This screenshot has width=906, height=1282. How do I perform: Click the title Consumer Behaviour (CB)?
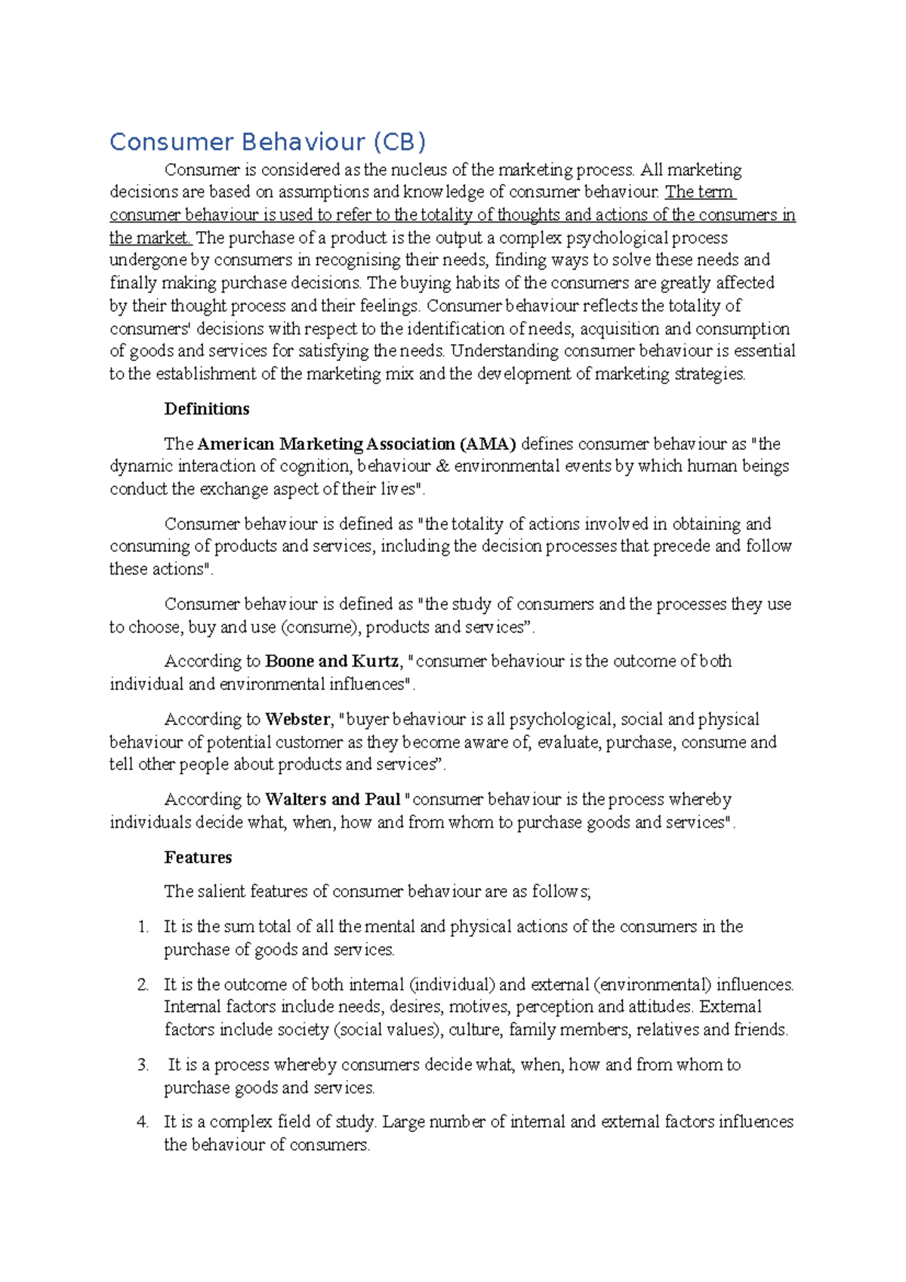267,142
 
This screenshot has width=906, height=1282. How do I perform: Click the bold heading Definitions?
207,409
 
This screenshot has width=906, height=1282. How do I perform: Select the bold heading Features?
198,858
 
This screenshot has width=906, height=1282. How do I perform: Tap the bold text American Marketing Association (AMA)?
357,444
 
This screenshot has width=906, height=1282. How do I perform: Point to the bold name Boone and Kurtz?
332,661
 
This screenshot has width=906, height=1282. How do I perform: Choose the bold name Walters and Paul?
333,800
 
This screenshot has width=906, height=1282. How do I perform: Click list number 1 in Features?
143,927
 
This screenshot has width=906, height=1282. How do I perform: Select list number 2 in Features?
143,985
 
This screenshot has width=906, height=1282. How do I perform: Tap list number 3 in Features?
143,1065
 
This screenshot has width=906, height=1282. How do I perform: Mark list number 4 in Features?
143,1123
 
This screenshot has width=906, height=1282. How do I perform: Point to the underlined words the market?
149,239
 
